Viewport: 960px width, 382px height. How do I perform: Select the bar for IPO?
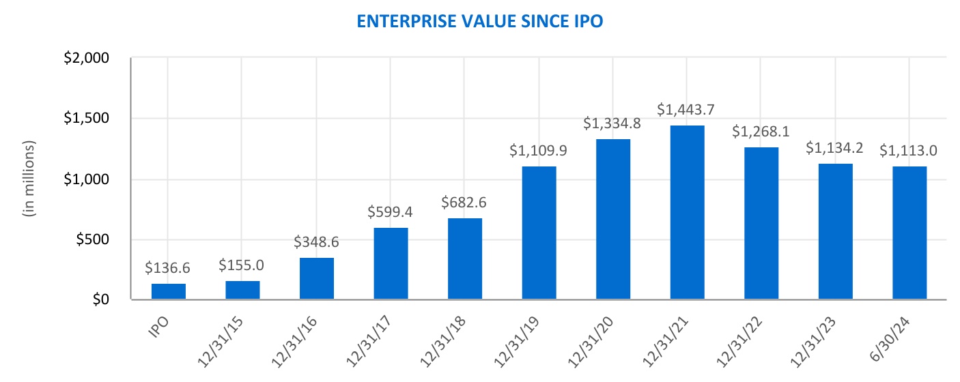point(169,291)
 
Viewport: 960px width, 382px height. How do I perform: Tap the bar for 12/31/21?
point(687,212)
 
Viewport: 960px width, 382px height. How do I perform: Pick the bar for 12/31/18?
point(465,259)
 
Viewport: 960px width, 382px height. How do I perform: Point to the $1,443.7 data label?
point(687,109)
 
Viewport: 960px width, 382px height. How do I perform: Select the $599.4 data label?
point(391,212)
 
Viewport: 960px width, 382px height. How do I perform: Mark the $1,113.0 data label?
point(909,150)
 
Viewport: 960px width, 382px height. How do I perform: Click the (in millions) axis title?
point(29,179)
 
